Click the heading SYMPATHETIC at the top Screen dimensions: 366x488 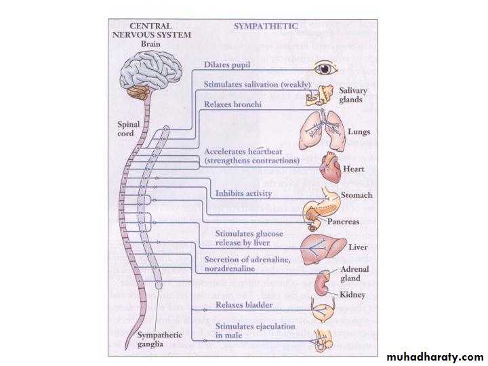pyautogui.click(x=266, y=26)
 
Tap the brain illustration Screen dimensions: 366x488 pyautogui.click(x=150, y=72)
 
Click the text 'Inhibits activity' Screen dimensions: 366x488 pyautogui.click(x=244, y=194)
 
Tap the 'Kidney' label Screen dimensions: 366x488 pyautogui.click(x=354, y=295)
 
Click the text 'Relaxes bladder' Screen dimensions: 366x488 pyautogui.click(x=243, y=305)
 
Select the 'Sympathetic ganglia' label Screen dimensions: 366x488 pyautogui.click(x=160, y=340)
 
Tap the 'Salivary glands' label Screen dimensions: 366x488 pyautogui.click(x=353, y=95)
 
